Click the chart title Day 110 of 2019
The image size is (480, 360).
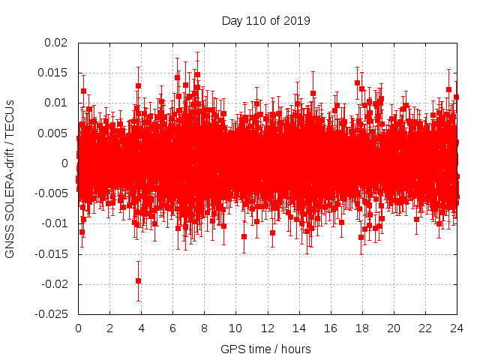(265, 20)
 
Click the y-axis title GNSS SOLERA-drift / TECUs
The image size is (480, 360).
(10, 179)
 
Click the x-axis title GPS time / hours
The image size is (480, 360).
(265, 349)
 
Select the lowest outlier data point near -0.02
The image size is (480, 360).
(138, 280)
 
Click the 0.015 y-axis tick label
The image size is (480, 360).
(55, 73)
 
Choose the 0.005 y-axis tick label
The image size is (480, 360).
(55, 133)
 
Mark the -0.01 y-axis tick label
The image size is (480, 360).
(55, 224)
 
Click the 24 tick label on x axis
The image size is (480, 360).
(456, 328)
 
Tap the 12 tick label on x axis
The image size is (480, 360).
(267, 328)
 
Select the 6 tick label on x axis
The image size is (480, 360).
(172, 328)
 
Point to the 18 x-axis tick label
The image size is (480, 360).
(361, 328)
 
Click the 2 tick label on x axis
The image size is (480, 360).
(109, 328)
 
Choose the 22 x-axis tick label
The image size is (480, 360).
(424, 328)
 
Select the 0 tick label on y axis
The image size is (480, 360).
(66, 163)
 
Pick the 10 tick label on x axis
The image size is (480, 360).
(235, 328)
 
